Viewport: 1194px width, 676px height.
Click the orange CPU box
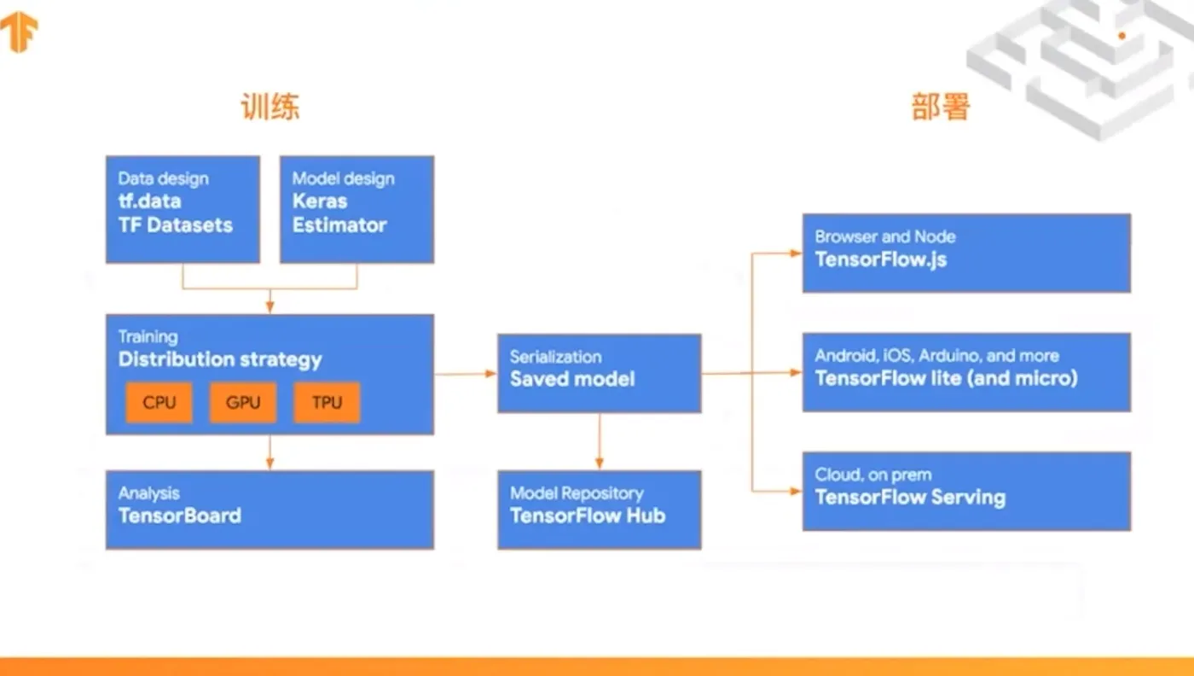(159, 403)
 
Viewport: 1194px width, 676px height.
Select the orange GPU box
(243, 403)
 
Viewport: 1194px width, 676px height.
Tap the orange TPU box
(327, 403)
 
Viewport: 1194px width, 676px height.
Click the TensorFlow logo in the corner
(19, 32)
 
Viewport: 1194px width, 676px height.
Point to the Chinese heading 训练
(270, 108)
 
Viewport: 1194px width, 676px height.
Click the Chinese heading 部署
(941, 108)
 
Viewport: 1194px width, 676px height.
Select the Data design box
(183, 209)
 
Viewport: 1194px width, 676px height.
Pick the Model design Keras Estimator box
(356, 209)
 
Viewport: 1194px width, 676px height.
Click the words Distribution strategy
(220, 359)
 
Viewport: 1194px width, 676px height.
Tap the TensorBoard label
(180, 516)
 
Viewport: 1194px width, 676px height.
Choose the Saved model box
(599, 373)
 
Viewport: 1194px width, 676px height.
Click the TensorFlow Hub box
(599, 509)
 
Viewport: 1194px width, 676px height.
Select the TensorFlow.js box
(966, 253)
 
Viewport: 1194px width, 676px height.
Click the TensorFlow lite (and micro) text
(947, 378)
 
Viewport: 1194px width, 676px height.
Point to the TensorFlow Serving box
(966, 491)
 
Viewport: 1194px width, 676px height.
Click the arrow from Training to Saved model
(466, 373)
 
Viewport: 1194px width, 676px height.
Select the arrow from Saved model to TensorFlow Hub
(600, 441)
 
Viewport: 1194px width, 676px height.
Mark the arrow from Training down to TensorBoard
(270, 452)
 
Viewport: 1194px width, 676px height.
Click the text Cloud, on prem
(873, 475)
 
